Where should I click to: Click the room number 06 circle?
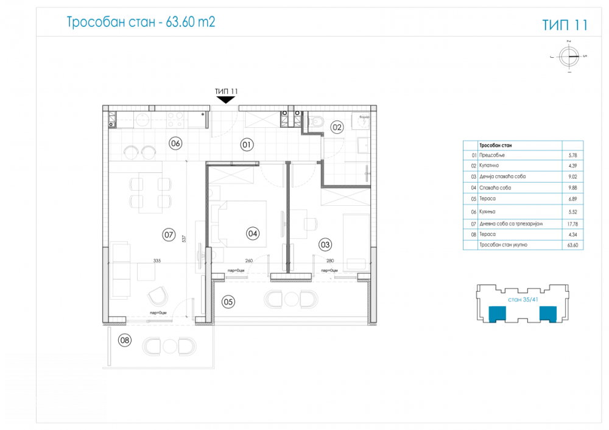[x=175, y=144]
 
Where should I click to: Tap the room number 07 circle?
[x=169, y=233]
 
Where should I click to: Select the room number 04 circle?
[x=252, y=233]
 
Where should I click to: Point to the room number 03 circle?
[x=325, y=245]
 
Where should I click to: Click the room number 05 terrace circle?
[x=228, y=301]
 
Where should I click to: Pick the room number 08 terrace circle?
[x=125, y=340]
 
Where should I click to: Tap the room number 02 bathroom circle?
[x=337, y=127]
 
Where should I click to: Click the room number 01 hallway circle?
[x=247, y=145]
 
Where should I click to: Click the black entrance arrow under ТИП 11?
[x=226, y=100]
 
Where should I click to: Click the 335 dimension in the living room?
[x=157, y=260]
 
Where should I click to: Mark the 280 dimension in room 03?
[x=329, y=260]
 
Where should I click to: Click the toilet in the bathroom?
[x=316, y=122]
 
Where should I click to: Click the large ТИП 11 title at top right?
[x=565, y=25]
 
